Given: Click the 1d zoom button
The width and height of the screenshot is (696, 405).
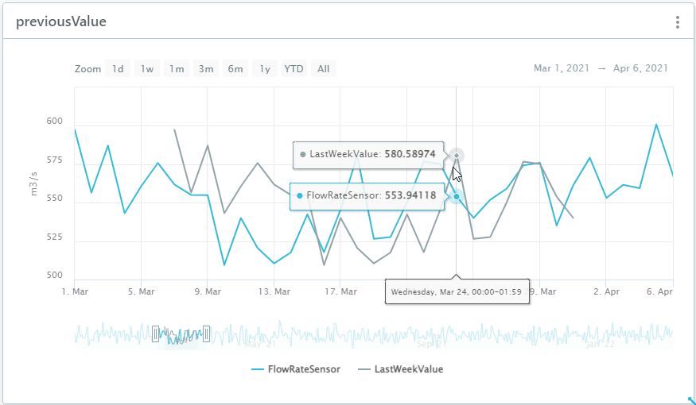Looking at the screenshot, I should click(118, 69).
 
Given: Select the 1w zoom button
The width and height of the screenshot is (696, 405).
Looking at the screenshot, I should click(147, 69).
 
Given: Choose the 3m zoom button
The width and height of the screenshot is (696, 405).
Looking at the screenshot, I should click(206, 69).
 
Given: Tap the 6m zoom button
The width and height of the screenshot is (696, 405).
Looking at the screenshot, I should click(235, 69).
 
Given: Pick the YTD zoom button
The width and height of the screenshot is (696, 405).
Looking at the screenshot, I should click(294, 69).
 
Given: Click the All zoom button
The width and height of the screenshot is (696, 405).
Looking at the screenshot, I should click(323, 69).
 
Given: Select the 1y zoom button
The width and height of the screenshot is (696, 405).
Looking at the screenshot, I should click(265, 69).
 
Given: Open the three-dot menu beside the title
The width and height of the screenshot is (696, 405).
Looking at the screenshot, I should click(678, 22).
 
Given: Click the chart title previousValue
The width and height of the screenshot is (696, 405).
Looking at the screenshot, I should click(61, 22).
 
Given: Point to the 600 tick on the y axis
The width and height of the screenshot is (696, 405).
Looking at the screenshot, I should click(54, 121).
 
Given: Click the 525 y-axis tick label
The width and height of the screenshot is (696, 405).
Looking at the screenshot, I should click(54, 238).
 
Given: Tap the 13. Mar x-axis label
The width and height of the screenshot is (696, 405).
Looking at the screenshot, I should click(274, 291).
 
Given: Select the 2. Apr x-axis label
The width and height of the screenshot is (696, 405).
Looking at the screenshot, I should click(606, 291).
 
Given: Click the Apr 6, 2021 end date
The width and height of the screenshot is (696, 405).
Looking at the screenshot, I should click(640, 69).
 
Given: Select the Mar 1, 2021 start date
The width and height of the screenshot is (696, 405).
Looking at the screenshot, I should click(562, 69).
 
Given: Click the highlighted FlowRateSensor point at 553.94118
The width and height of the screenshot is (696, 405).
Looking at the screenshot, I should click(457, 196).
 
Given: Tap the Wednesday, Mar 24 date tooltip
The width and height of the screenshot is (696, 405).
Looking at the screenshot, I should click(456, 292).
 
